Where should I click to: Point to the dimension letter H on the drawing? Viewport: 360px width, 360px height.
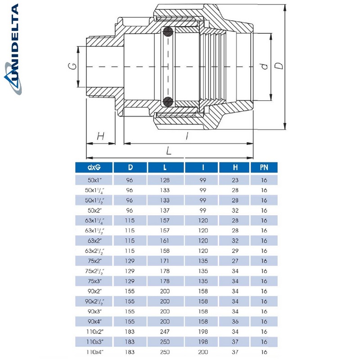coord(100,136)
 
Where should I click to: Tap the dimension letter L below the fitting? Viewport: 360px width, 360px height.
coord(169,150)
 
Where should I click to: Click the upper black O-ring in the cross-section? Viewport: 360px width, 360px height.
coord(168,32)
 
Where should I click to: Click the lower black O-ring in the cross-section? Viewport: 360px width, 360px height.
coord(168,101)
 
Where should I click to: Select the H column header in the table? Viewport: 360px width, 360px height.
coord(235,167)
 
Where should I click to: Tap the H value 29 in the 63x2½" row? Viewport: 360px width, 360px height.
coord(235,251)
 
